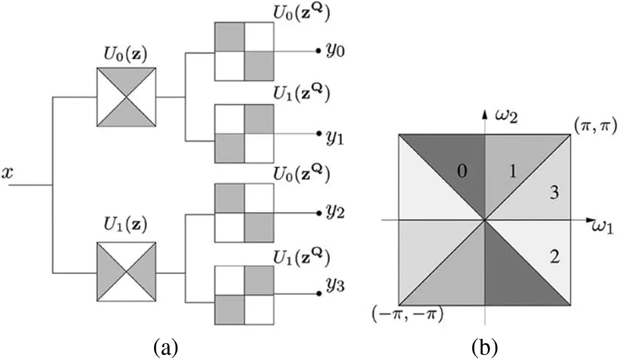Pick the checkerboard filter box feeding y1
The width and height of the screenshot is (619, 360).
point(244,133)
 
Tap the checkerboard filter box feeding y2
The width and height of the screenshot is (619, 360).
point(244,213)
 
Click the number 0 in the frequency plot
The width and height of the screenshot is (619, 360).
point(461,172)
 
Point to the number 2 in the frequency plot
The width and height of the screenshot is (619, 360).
point(555,258)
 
